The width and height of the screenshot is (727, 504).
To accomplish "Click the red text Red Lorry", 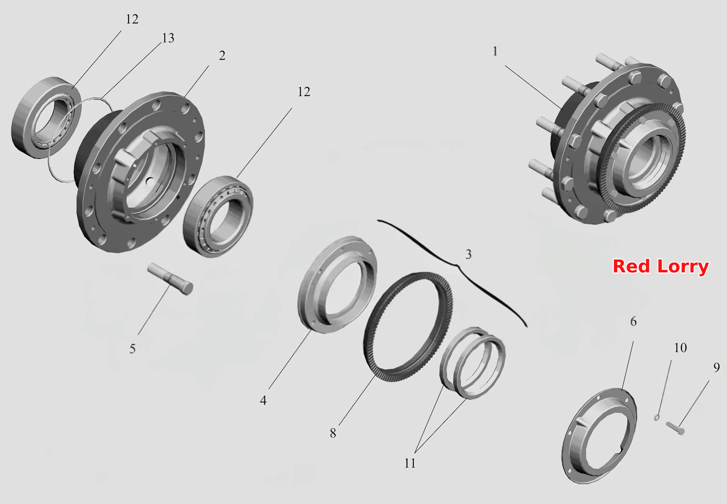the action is pos(660,267).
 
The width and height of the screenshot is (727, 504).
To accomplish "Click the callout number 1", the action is pos(495,51).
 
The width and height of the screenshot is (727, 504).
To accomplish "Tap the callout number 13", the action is pos(168,38).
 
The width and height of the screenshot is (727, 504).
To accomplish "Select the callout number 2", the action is pos(222,55).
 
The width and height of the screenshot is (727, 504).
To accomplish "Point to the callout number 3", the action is pos(468,254).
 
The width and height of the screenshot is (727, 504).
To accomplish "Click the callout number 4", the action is pos(263,400).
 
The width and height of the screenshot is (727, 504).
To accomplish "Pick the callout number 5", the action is pos(132,349).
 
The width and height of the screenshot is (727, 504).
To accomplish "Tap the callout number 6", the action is pos(633,321).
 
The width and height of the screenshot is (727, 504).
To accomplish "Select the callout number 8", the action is pos(333,433).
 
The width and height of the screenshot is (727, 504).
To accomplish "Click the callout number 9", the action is pos(717,367).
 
